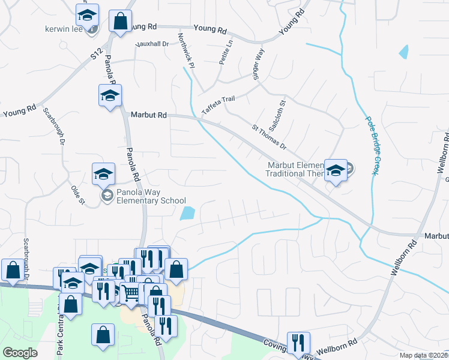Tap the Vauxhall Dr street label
[152, 44]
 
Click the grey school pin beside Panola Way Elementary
[107, 194]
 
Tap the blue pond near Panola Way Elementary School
[188, 213]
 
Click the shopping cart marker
[131, 293]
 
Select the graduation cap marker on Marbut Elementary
[336, 170]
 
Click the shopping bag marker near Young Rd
[120, 21]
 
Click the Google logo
[20, 353]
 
